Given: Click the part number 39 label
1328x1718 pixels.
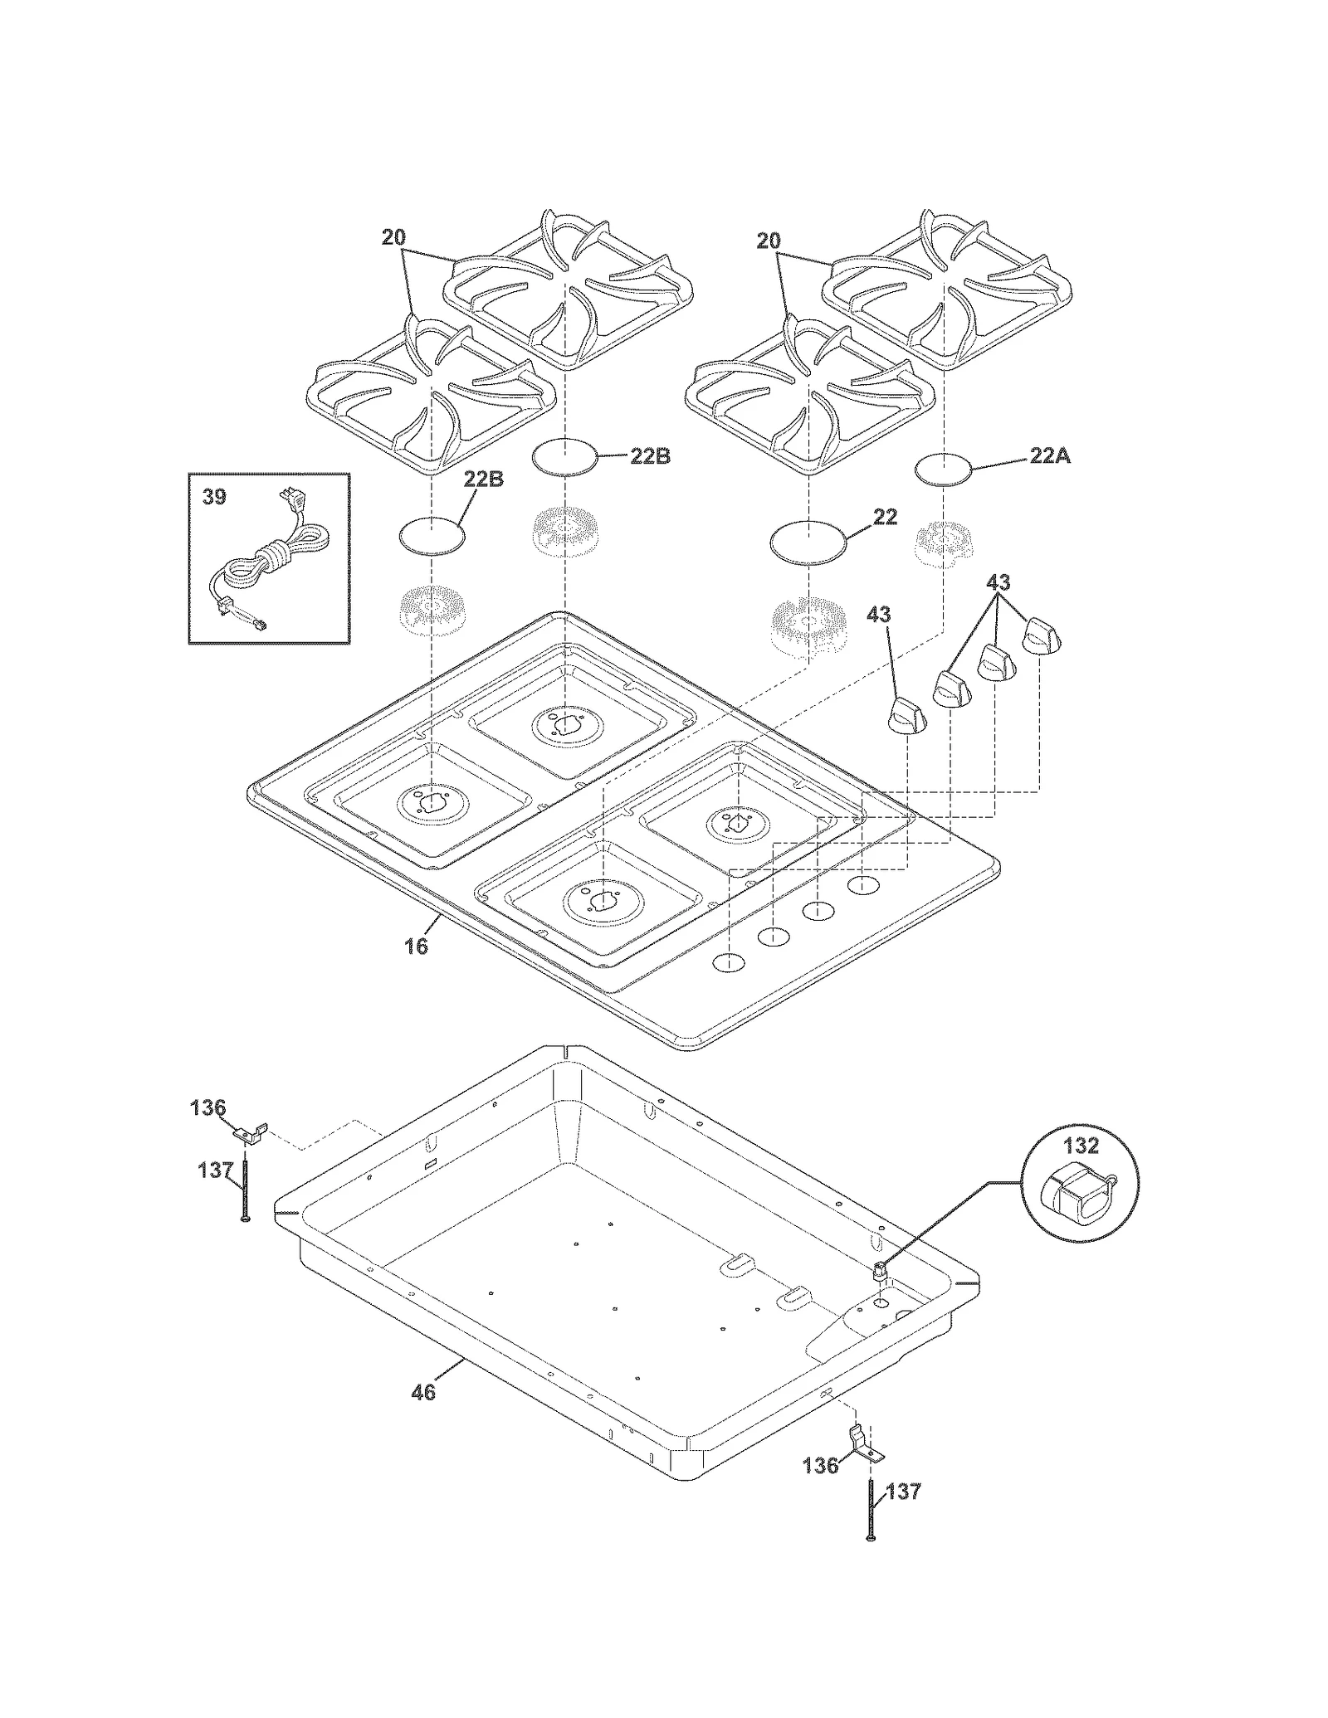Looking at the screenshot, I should click(x=214, y=498).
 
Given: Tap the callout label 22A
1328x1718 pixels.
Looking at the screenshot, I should click(x=1049, y=455).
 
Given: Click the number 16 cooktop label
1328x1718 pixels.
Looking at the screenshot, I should click(x=416, y=947).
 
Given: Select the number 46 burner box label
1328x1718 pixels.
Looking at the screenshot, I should click(x=423, y=1392).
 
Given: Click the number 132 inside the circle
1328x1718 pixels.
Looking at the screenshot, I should click(x=1081, y=1146).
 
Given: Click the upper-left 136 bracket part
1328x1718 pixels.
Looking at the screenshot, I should click(x=249, y=1133).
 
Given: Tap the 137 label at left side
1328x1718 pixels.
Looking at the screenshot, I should click(x=215, y=1170).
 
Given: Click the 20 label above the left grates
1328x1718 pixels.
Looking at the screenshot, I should click(x=393, y=237).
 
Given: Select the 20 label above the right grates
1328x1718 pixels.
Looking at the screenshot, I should click(x=769, y=241).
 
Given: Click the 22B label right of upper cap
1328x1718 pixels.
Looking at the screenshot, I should click(x=650, y=456).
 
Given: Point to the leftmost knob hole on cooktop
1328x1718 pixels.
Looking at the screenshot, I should click(x=728, y=963).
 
